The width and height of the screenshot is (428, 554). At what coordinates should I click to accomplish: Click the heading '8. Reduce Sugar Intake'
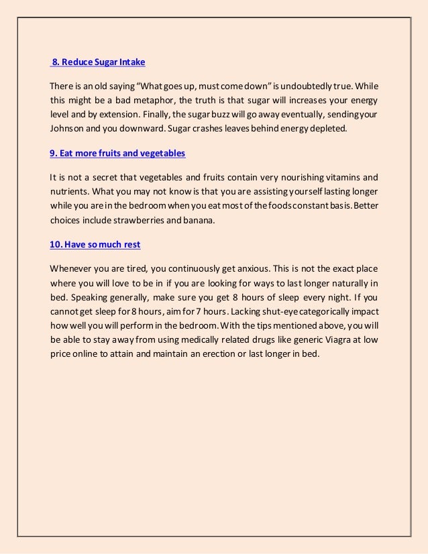click(99, 63)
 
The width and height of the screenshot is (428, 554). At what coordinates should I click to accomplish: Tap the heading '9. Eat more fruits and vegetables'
click(117, 153)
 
